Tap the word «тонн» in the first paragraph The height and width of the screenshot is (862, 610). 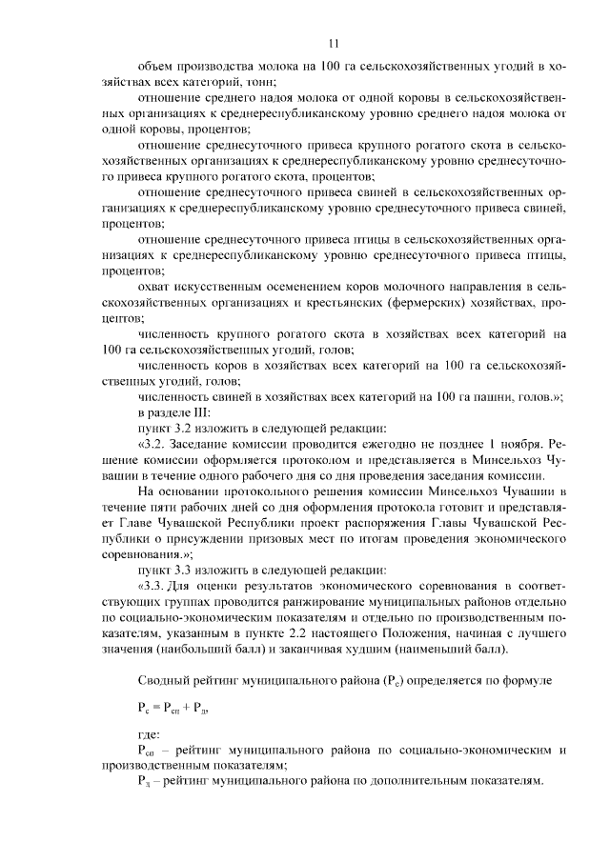(245, 83)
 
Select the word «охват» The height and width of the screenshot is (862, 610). (156, 287)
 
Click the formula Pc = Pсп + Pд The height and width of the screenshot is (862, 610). (172, 709)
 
